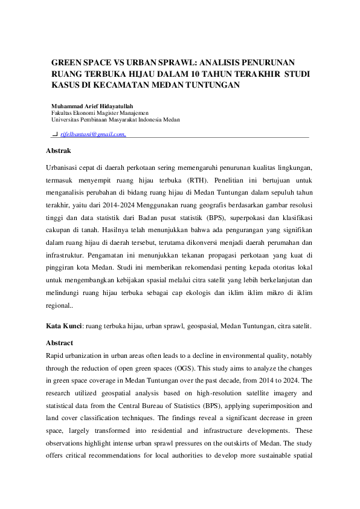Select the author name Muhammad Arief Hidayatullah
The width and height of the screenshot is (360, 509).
click(x=92, y=106)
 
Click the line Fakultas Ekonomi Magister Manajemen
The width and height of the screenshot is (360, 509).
click(x=100, y=112)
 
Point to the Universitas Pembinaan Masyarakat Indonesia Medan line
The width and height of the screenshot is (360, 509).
click(x=115, y=120)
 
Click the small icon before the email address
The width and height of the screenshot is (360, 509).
click(x=55, y=134)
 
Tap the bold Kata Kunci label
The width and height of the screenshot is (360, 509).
click(x=63, y=326)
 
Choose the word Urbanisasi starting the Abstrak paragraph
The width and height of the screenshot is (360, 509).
click(x=64, y=167)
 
